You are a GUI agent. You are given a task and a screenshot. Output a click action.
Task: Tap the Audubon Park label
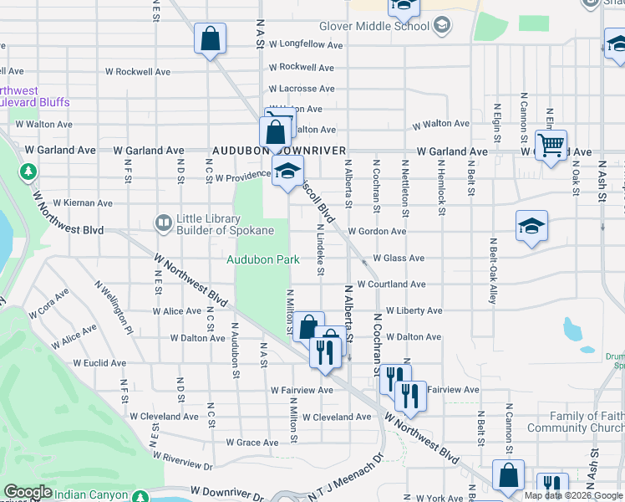click(x=263, y=259)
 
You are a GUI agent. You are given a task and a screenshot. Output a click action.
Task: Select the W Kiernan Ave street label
click(x=83, y=202)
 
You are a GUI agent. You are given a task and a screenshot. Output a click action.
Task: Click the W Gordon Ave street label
click(x=377, y=231)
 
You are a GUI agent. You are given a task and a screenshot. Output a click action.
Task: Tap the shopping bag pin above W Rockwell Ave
click(x=210, y=38)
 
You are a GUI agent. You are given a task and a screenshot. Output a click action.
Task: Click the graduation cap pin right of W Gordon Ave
click(x=531, y=226)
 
